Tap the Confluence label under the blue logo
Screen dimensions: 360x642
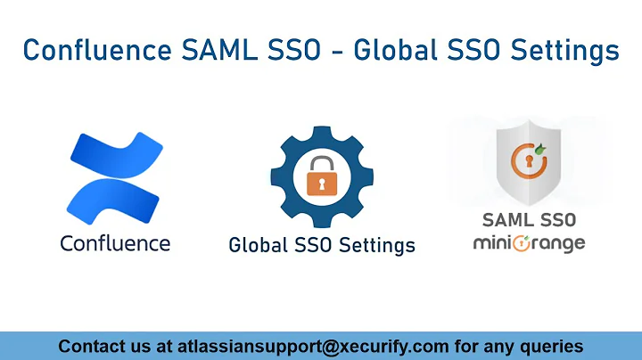115,242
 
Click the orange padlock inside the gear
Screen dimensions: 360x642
321,177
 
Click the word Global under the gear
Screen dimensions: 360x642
260,244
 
